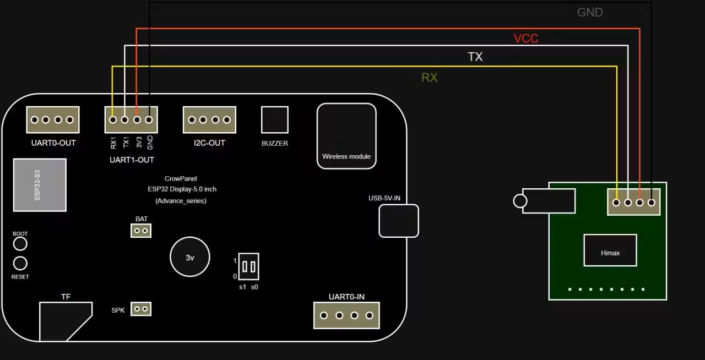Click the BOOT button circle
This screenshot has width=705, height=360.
[20, 243]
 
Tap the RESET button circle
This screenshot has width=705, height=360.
[20, 263]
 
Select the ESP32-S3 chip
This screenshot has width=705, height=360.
[40, 185]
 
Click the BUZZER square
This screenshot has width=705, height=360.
[275, 120]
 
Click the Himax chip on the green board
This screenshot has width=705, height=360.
[610, 250]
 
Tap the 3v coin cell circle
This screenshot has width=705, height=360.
[190, 257]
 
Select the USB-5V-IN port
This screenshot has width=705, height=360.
[399, 221]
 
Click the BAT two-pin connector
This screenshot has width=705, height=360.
[141, 230]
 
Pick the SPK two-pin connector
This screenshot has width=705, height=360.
[141, 309]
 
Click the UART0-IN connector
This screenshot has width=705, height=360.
[346, 315]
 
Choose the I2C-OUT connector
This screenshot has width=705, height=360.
[209, 120]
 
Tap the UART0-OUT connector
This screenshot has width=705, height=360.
[52, 120]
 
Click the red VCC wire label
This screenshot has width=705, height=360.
[526, 39]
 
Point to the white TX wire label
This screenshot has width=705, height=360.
[475, 57]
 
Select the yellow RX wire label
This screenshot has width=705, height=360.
[430, 78]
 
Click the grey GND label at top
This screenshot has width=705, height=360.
[590, 12]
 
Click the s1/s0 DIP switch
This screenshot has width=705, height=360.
[249, 266]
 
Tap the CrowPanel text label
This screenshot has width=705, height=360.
[181, 178]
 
